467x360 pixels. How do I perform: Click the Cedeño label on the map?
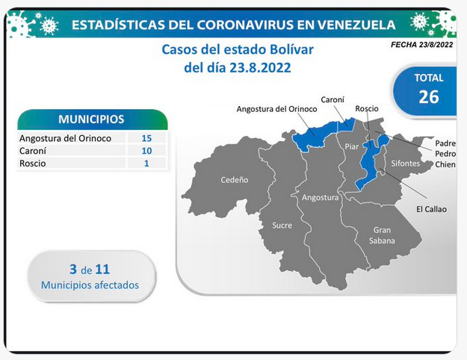coord(235,180)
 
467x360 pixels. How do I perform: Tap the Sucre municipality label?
coord(282,226)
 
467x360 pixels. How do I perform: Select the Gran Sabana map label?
coord(382,235)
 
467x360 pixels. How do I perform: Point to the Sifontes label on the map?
coord(405,163)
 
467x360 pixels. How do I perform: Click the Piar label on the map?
coord(352,146)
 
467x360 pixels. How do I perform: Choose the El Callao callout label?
coord(431,209)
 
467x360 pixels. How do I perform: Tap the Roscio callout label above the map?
coord(367,109)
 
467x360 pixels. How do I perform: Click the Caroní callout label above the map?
coord(333,99)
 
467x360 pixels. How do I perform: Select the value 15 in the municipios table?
coord(146,138)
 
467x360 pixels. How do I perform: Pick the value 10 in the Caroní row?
coord(146,151)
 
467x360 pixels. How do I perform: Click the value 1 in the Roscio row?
coord(146,163)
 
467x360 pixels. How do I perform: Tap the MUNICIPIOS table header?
coord(91,120)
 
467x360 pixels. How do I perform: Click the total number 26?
coord(429,97)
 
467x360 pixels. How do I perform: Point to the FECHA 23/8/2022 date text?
coord(421,45)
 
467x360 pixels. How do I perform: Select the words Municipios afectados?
coord(90,285)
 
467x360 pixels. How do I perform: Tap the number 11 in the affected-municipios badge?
coord(102,270)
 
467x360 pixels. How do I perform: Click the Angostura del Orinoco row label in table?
coord(65,138)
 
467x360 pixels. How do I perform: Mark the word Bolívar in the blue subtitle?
coord(291,50)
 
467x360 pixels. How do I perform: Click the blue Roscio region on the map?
coord(369,162)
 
